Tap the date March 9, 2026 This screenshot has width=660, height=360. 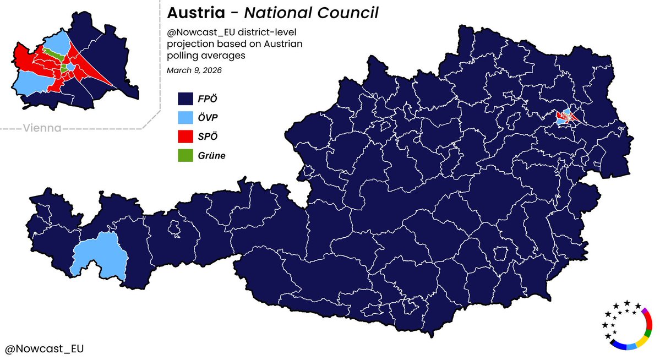point(195,70)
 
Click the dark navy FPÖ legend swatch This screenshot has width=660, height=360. point(184,99)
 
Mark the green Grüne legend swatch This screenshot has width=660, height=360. point(184,155)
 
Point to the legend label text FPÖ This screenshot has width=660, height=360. point(208,99)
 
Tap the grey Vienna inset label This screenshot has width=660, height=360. point(42,128)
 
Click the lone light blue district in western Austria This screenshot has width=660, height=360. point(99,255)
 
